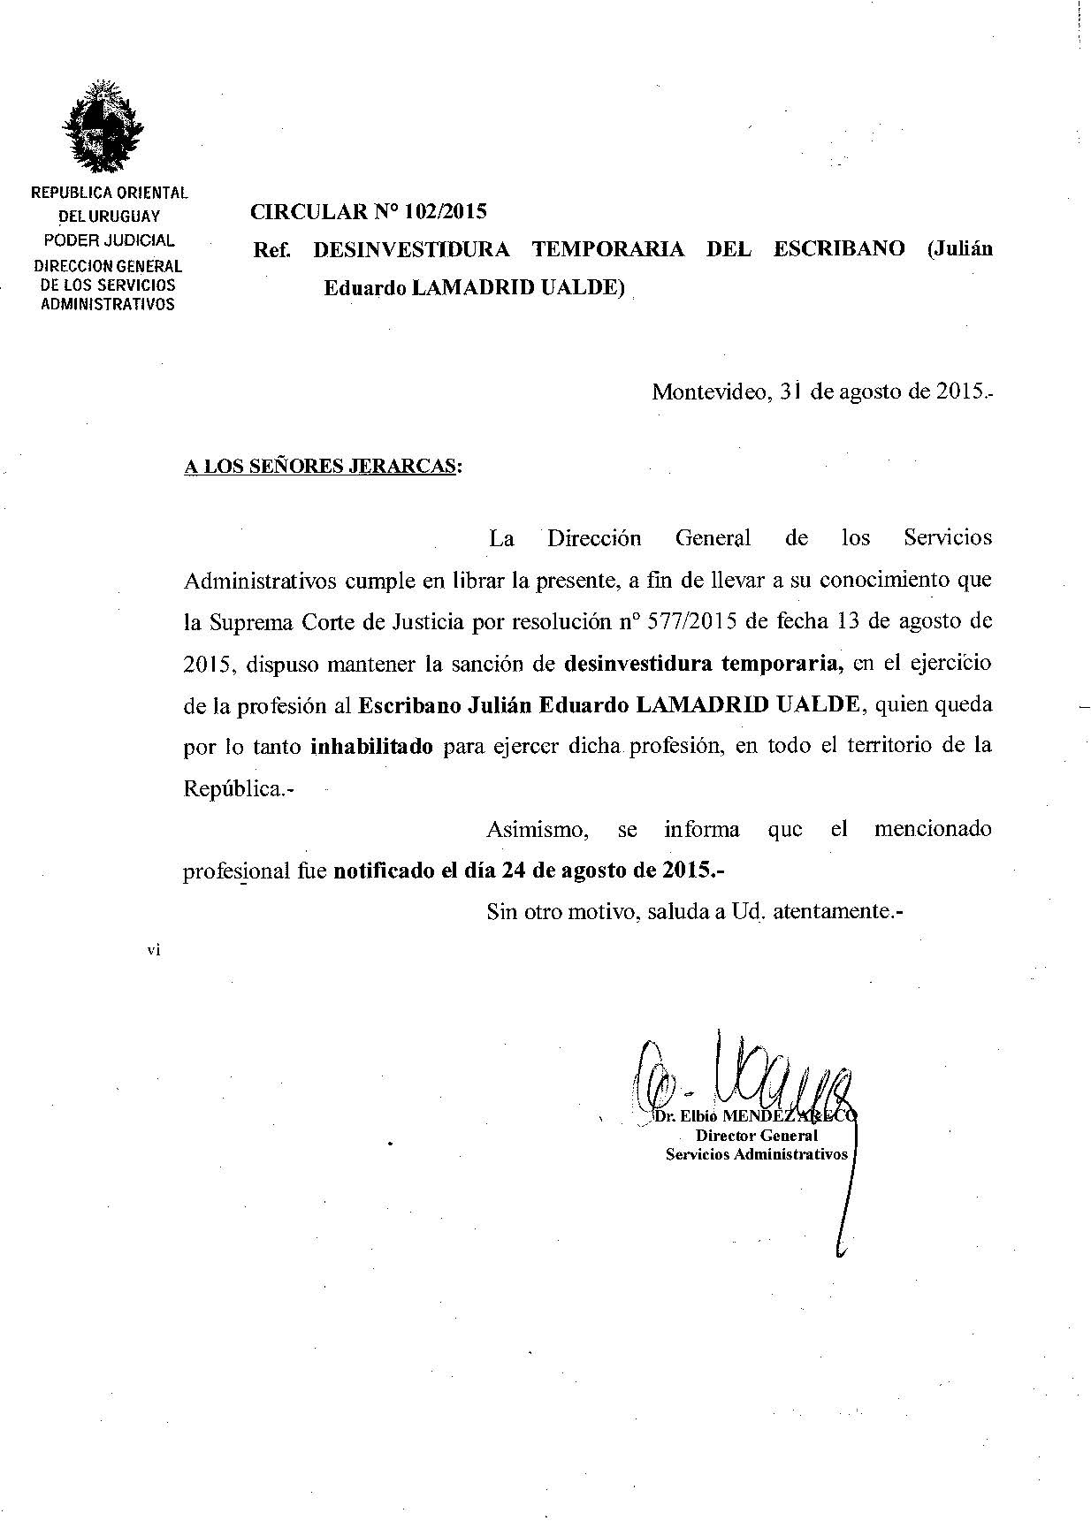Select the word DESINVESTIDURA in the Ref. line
(x=412, y=248)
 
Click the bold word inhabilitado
(x=372, y=746)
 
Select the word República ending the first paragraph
(x=232, y=788)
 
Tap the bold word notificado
(x=383, y=870)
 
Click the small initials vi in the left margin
(x=154, y=951)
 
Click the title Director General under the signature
(x=757, y=1136)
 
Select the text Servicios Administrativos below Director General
(x=757, y=1154)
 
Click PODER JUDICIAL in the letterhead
(x=110, y=240)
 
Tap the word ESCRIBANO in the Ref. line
(x=839, y=248)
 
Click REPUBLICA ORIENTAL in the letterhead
(x=110, y=192)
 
